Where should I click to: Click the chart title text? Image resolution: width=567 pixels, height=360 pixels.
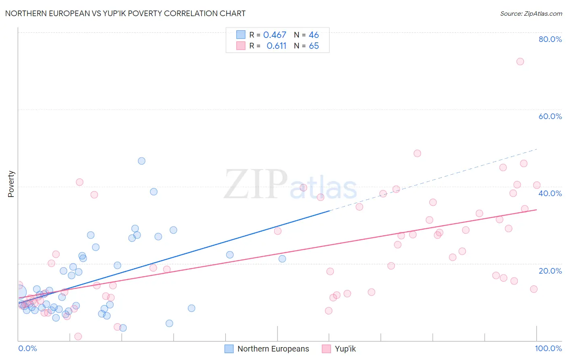(x=125, y=13)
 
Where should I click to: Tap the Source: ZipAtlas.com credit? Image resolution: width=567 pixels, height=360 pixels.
(x=531, y=13)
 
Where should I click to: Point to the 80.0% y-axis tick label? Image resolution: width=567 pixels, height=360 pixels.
(x=550, y=39)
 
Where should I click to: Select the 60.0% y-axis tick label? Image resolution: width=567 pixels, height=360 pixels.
(x=550, y=116)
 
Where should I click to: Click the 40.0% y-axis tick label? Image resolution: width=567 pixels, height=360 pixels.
(x=550, y=193)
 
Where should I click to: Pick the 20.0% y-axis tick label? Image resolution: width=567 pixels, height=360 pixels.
(x=550, y=270)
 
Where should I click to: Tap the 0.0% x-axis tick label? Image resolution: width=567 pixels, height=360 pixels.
(x=27, y=348)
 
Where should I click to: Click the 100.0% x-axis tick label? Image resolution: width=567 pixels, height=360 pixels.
(x=548, y=348)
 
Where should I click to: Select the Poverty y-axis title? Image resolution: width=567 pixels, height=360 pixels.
(x=11, y=184)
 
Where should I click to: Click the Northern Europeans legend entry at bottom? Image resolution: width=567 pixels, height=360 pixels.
(x=267, y=349)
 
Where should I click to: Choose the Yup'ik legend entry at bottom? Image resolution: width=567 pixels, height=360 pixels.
(x=339, y=349)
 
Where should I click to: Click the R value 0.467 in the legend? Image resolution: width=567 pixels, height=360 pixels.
(x=275, y=35)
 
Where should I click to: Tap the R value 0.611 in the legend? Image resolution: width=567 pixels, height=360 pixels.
(x=276, y=46)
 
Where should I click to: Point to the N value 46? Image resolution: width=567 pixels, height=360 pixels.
(x=314, y=35)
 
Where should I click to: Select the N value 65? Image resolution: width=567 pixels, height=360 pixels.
(x=314, y=46)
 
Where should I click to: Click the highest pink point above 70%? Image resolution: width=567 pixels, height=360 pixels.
(x=520, y=61)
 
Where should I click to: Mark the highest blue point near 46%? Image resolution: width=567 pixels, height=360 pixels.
(x=142, y=161)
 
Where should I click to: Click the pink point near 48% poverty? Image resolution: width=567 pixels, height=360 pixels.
(x=417, y=153)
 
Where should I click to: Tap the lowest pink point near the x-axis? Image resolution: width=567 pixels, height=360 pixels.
(x=78, y=336)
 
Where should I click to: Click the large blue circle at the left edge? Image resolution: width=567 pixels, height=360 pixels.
(x=19, y=292)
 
